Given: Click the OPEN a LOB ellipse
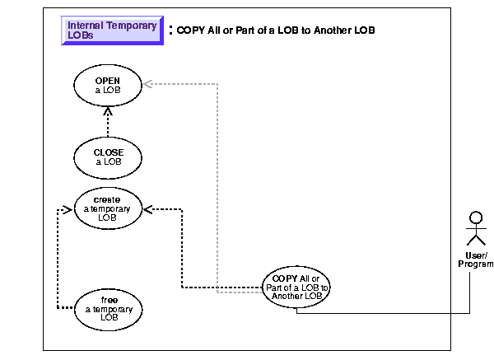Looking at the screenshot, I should coord(108,86).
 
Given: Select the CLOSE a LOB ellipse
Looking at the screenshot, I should coord(108,157).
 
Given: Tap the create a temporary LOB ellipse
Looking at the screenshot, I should coord(108,208).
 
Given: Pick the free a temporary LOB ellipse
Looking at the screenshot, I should coord(108,307).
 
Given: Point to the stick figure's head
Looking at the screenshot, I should coord(473,217).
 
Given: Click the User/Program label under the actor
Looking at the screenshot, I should coord(474,259).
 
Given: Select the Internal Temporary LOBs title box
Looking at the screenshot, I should coord(113,30).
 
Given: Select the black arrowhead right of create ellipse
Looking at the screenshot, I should coord(149,208).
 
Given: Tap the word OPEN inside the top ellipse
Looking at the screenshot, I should coord(108,82).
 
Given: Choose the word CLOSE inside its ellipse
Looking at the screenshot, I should coord(108,152).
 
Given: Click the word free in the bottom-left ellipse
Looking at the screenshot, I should coord(108,300).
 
